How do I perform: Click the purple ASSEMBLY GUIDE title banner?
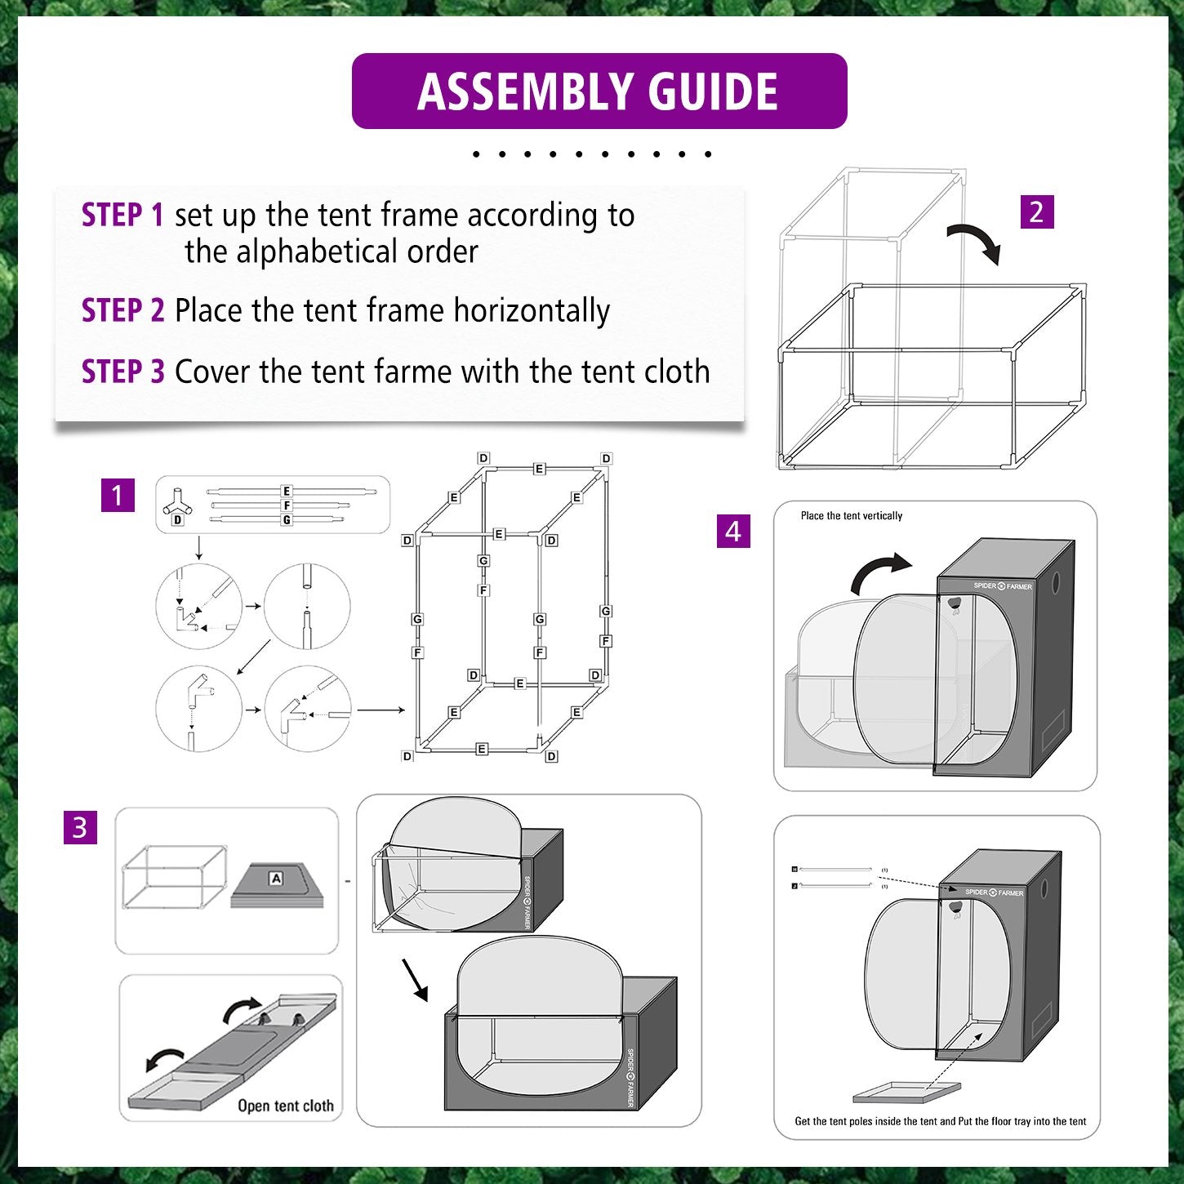(599, 91)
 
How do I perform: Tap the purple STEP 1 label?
(122, 215)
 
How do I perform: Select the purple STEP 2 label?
(122, 309)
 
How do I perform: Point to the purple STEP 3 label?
(122, 371)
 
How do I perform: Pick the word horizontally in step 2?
(532, 311)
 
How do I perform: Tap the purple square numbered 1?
(118, 495)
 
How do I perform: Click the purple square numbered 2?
(1036, 212)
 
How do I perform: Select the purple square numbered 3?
(81, 827)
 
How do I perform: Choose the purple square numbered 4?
(733, 531)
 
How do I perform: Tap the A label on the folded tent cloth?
(276, 878)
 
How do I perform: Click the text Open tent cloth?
(286, 1106)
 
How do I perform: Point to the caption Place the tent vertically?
(851, 515)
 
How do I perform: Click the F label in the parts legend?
(287, 505)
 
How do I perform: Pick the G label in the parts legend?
(287, 520)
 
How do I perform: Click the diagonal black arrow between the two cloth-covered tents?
(415, 979)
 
